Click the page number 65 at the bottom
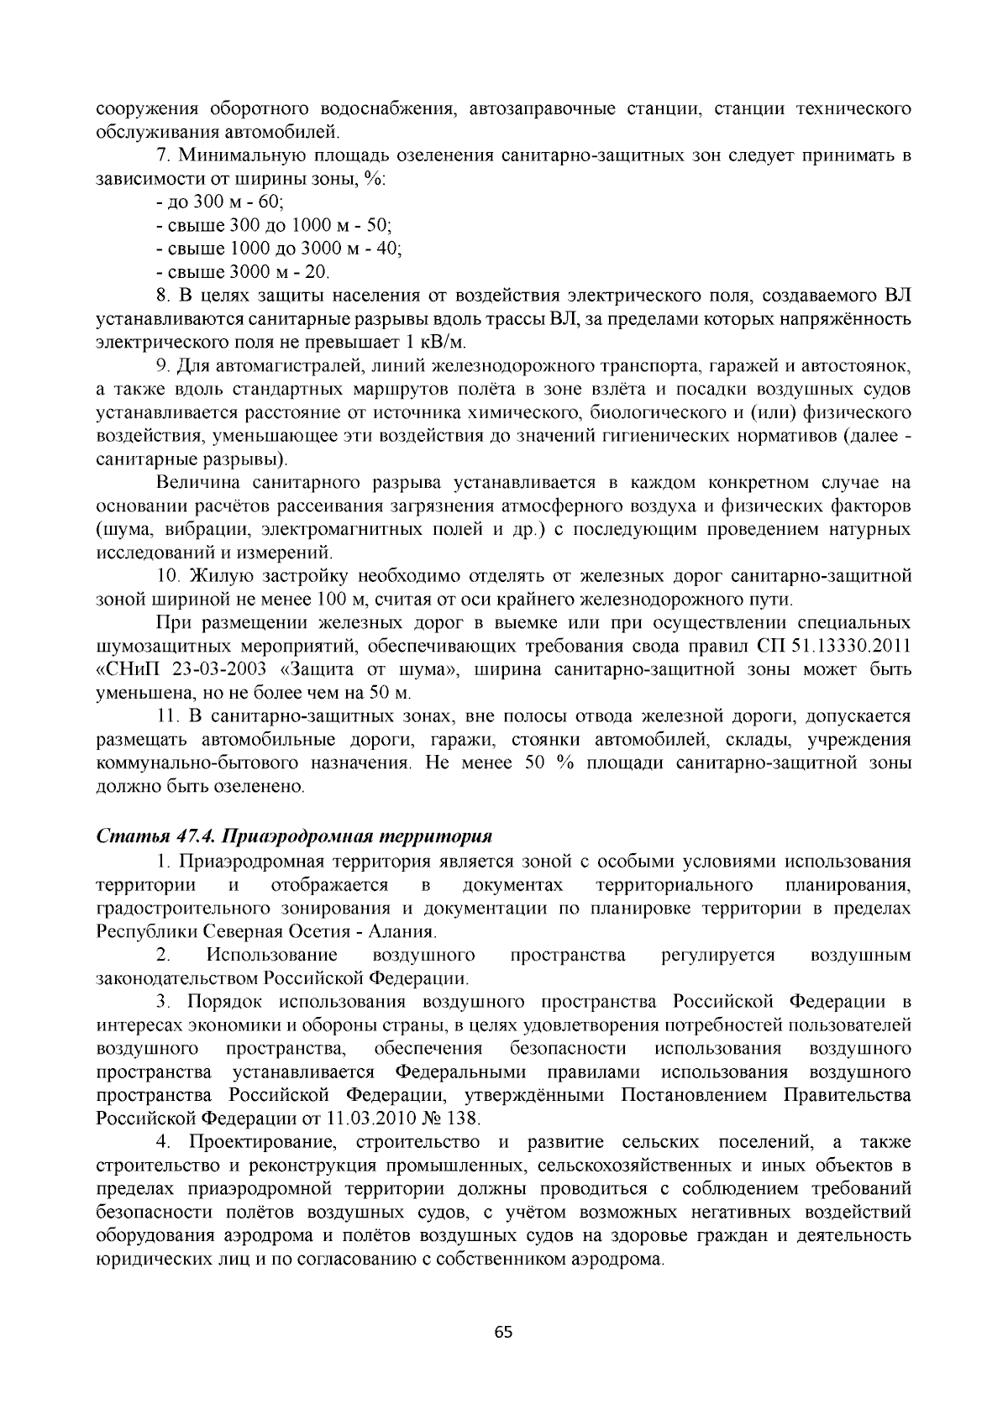tap(503, 1333)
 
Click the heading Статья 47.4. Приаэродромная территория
tap(294, 837)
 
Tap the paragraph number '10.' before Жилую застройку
tap(167, 577)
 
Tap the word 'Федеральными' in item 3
tap(460, 1072)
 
